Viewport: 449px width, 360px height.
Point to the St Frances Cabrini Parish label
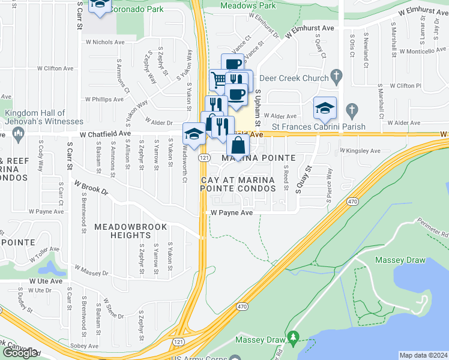[x=315, y=127]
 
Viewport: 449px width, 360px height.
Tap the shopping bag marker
[x=238, y=145]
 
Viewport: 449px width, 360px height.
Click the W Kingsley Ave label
[x=361, y=151]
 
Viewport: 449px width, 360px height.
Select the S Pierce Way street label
[x=329, y=186]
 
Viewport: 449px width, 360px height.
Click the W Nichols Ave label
[x=105, y=43]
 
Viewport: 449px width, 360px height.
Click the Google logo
[x=20, y=353]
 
